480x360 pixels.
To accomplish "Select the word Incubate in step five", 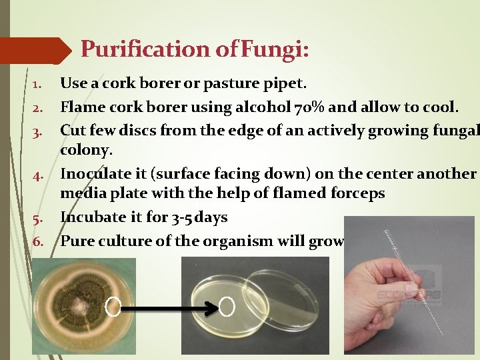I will point(90,217).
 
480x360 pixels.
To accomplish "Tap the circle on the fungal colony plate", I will point(113,307).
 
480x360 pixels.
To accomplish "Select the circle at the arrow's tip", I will point(227,307).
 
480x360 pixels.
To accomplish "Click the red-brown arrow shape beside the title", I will point(37,50).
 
